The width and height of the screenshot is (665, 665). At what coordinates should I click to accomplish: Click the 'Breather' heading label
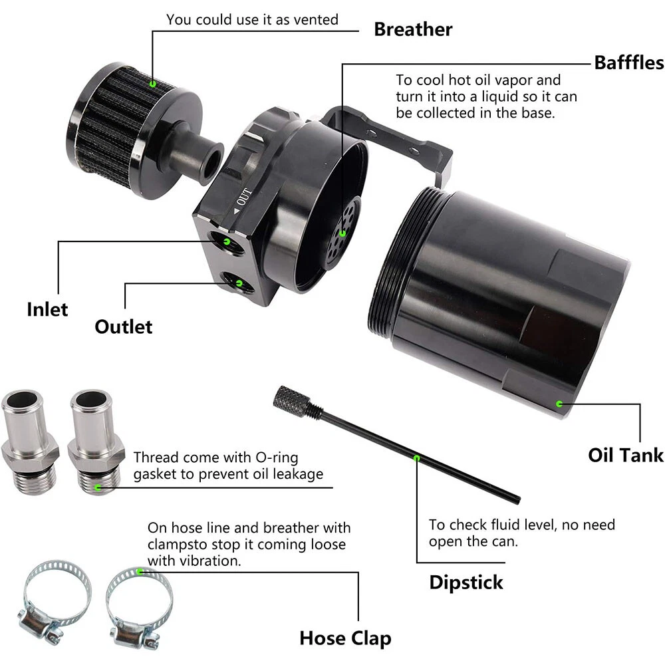coord(413,29)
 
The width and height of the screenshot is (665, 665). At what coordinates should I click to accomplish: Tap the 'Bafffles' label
coord(629,63)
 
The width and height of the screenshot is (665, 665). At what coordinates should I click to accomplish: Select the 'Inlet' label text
coord(47,309)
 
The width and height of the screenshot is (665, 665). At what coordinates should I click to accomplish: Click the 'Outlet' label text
coord(124,327)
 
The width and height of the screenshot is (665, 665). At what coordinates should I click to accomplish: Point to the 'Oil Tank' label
coord(626,455)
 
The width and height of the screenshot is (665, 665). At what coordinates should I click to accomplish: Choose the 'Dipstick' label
coord(466,583)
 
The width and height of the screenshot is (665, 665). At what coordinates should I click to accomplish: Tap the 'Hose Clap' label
coord(345,638)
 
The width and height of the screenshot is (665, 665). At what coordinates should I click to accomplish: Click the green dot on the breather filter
coord(153,84)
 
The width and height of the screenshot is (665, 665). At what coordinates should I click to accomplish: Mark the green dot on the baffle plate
coord(342,233)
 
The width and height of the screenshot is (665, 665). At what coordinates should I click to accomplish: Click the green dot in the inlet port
coord(227,242)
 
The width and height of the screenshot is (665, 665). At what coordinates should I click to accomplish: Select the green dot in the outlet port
coord(239,283)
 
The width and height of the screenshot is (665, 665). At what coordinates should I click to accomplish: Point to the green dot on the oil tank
coord(559,404)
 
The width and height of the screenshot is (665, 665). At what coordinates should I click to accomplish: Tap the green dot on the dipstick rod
coord(416,458)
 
